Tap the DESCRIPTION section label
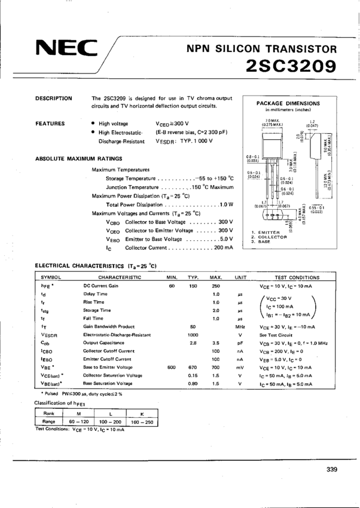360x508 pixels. pyautogui.click(x=54, y=98)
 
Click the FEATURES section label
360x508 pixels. pyautogui.click(x=50, y=124)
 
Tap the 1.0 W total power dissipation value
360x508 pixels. pyautogui.click(x=225, y=204)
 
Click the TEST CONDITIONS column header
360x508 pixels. pyautogui.click(x=297, y=278)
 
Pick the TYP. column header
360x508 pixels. pyautogui.click(x=193, y=278)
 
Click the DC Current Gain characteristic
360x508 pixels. pyautogui.click(x=100, y=287)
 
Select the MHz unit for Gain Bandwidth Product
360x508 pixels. pyautogui.click(x=240, y=327)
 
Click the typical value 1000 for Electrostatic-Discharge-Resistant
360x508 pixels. pyautogui.click(x=193, y=335)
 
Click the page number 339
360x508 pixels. pyautogui.click(x=333, y=469)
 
